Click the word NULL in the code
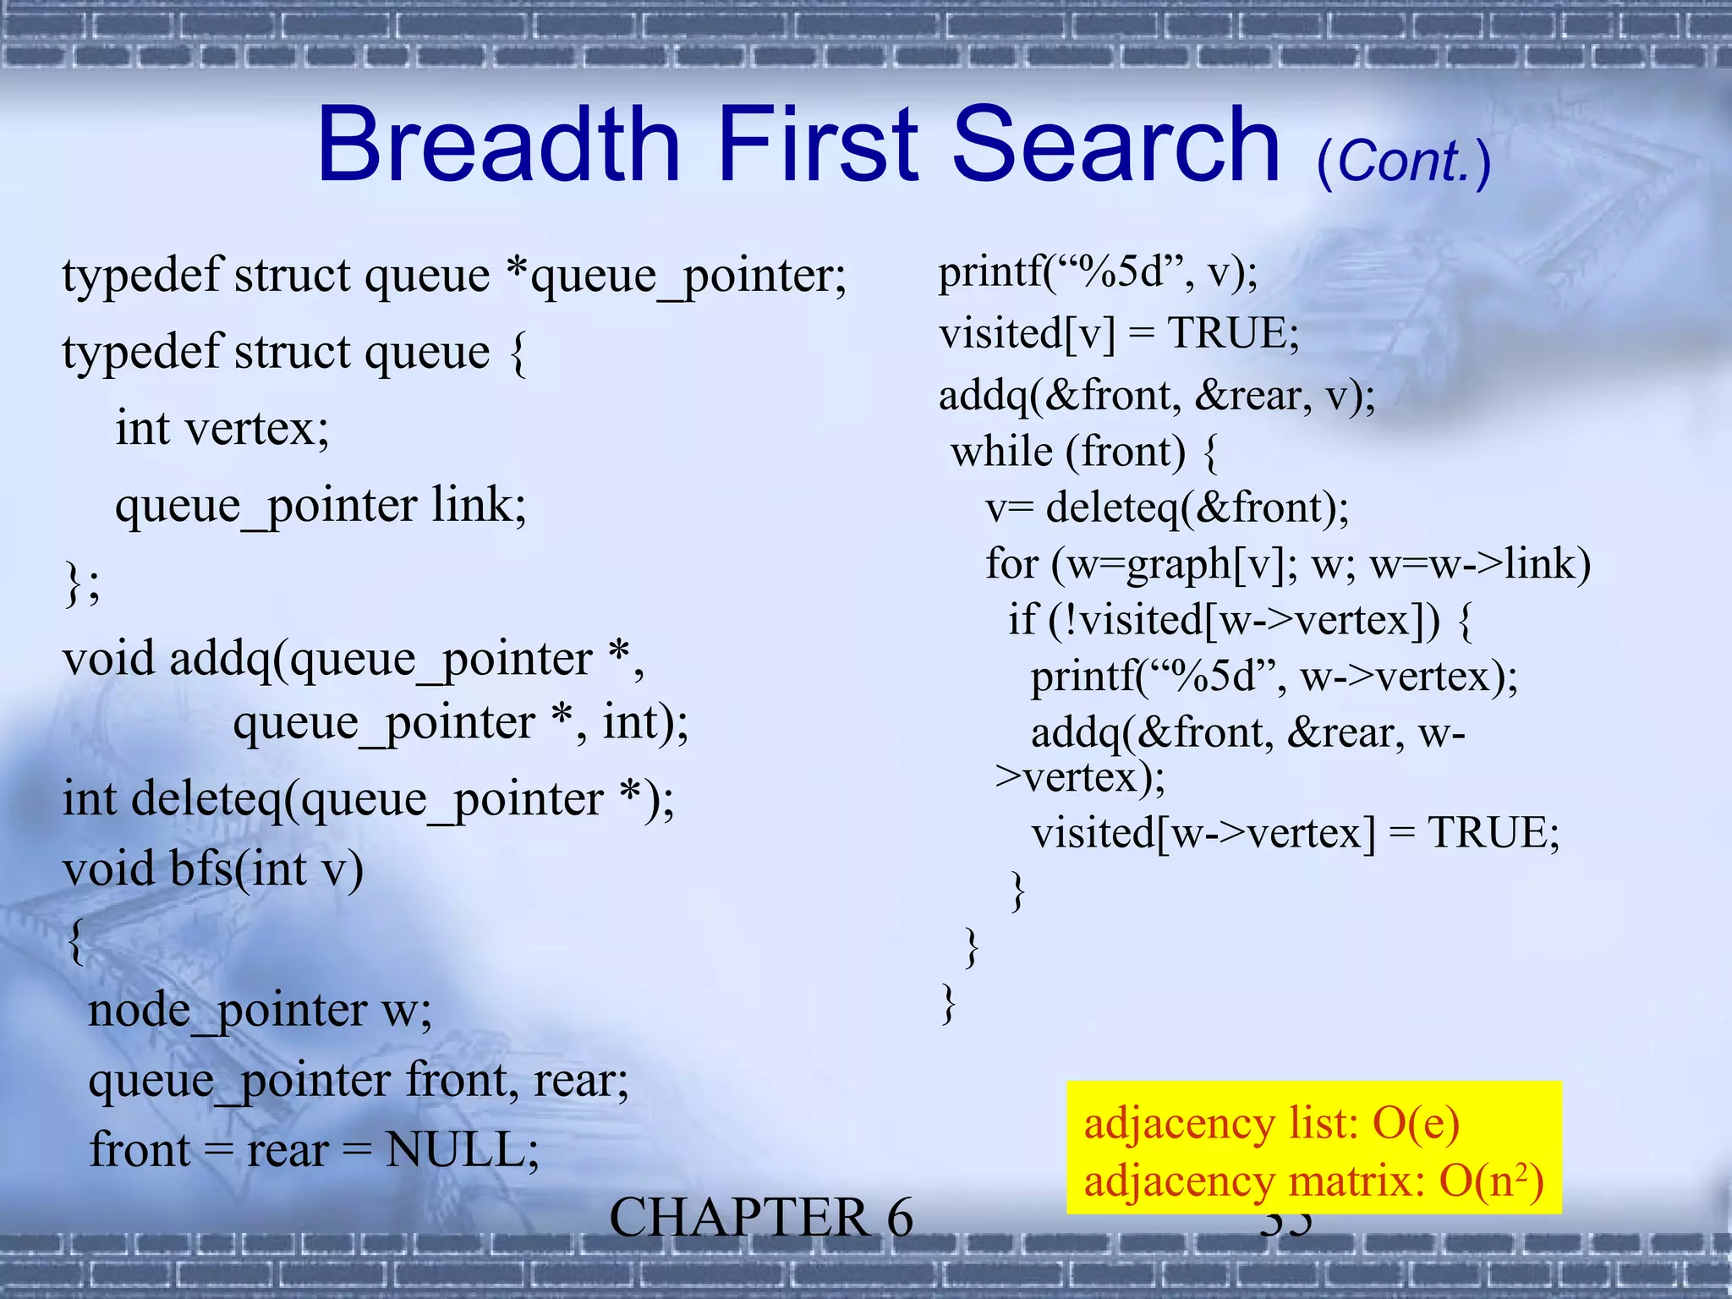[462, 1150]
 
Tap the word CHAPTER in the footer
[738, 1219]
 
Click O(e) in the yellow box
[1416, 1124]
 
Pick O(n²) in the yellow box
[1492, 1181]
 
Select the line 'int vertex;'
[222, 428]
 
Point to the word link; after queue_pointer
[480, 505]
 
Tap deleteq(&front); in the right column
[1198, 507]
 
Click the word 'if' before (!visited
[1022, 620]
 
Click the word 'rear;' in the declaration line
[582, 1080]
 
